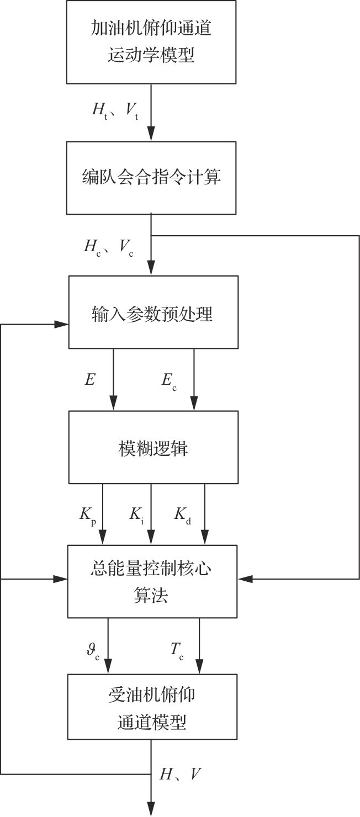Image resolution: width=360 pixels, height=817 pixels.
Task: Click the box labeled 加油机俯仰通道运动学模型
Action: click(x=151, y=42)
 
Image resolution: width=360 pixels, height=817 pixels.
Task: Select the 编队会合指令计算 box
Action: click(x=151, y=178)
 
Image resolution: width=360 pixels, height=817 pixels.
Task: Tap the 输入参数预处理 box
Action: click(x=153, y=312)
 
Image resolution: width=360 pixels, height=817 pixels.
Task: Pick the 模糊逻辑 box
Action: click(x=153, y=447)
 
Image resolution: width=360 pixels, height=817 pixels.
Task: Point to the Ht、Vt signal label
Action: click(x=115, y=110)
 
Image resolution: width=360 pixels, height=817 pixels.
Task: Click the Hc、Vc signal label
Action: click(x=109, y=248)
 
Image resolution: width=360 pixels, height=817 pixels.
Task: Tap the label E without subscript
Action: click(x=90, y=380)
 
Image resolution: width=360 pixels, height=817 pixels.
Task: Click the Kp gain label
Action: click(x=88, y=516)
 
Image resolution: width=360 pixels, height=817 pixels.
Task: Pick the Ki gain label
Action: click(x=137, y=516)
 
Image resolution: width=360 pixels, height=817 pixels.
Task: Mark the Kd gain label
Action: click(x=183, y=516)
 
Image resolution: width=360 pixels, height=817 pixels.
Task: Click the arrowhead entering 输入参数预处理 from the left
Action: click(x=61, y=324)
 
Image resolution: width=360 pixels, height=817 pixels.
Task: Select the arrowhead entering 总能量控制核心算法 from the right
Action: click(x=245, y=579)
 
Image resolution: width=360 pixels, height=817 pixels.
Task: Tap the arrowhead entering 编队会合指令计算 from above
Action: click(x=151, y=134)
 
